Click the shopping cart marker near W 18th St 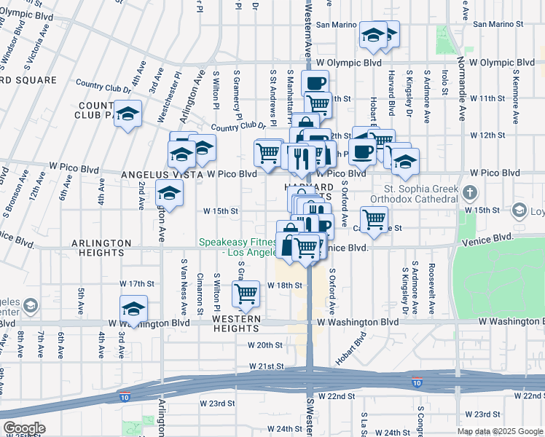click(246, 294)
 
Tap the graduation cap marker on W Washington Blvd click(133, 308)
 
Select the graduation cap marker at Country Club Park click(128, 114)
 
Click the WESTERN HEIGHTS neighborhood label click(235, 324)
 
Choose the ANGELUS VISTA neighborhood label click(158, 175)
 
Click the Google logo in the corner click(24, 428)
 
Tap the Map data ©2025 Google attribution click(499, 431)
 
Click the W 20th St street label click(264, 345)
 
